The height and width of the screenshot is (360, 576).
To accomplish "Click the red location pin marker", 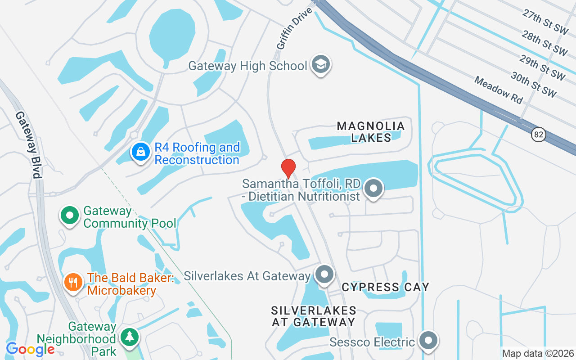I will pos(288,168).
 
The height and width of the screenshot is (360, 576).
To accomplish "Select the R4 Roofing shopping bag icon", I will pos(141,153).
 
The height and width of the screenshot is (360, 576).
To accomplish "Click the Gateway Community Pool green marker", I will pos(70,216).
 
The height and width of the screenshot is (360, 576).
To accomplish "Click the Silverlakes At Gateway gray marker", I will pos(324,274).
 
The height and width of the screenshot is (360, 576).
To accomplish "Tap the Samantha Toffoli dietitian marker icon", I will pos(373,189).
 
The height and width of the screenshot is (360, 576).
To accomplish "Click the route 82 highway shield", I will pos(538,134).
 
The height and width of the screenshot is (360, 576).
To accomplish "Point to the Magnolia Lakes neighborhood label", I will pos(371,132).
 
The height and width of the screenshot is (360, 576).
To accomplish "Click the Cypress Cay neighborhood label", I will pos(385,287).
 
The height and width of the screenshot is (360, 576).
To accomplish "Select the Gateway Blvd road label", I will pos(29,144).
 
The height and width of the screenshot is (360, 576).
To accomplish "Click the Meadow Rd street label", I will pos(499,90).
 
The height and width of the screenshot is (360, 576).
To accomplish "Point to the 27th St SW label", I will pos(545,21).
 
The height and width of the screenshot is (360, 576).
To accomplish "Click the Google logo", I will pos(30,349).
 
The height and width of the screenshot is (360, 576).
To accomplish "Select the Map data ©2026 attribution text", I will pos(538,354).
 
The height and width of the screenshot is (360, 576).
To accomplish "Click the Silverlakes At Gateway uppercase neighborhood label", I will pos(314,316).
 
